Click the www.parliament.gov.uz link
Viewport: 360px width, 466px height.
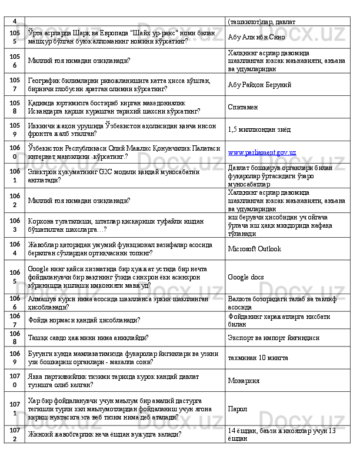[x=261, y=152]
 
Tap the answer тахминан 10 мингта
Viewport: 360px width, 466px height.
[x=258, y=357]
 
